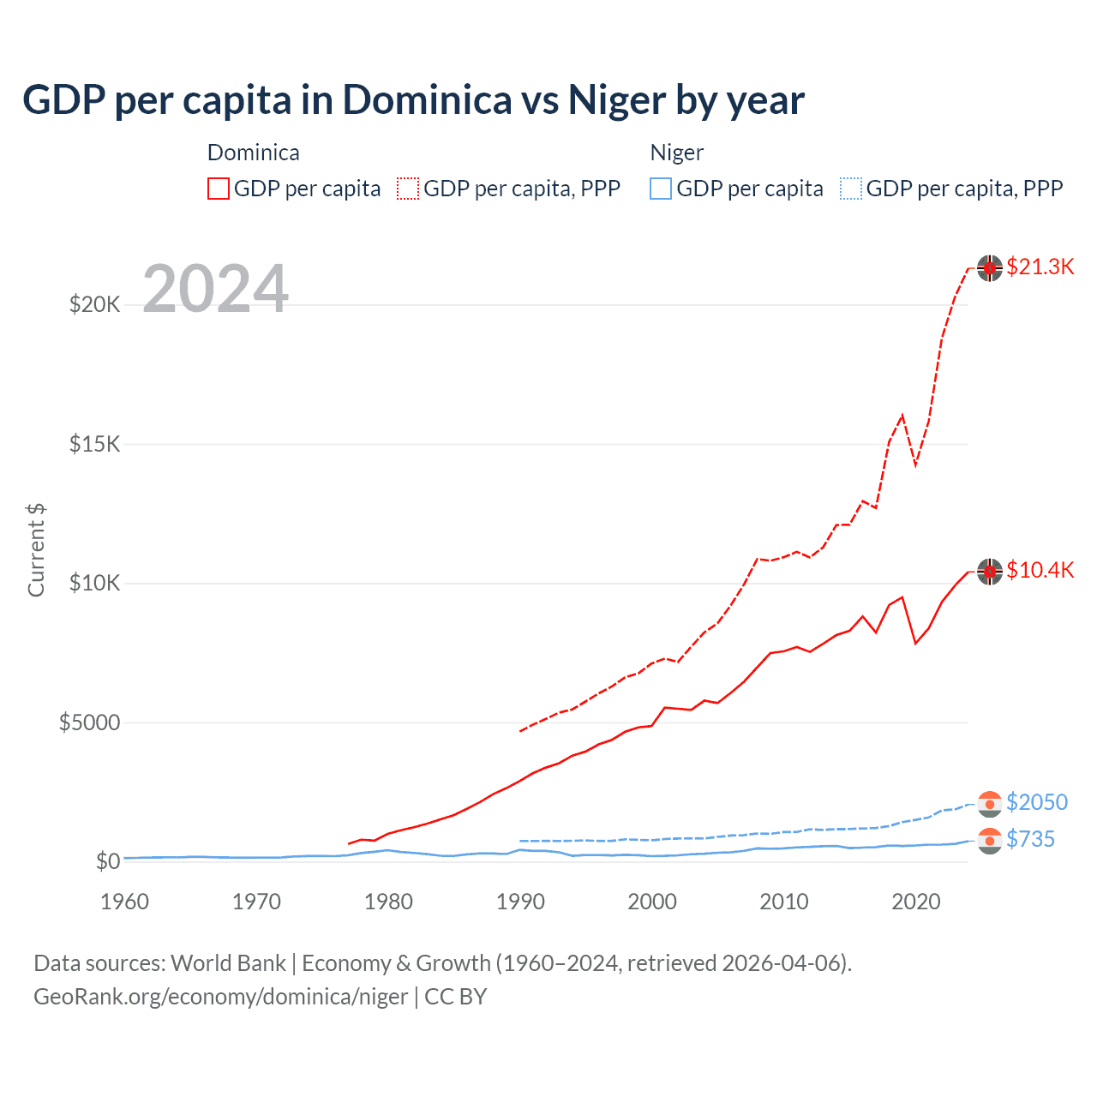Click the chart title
point(413,100)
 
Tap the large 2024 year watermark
point(215,289)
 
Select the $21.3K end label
point(1040,267)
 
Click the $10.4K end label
point(1040,570)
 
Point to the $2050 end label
point(1036,802)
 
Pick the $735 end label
point(1030,839)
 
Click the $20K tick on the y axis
point(94,304)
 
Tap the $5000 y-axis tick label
point(89,722)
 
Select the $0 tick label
point(107,861)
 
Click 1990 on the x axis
point(520,902)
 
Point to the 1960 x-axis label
point(125,902)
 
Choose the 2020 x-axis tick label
point(916,902)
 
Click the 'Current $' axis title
point(36,549)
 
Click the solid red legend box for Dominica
point(219,189)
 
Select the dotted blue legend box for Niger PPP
point(851,189)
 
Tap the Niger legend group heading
point(676,153)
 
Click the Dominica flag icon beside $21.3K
point(990,267)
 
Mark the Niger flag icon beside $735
point(990,840)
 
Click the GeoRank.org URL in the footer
point(220,997)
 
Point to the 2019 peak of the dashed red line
point(902,416)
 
